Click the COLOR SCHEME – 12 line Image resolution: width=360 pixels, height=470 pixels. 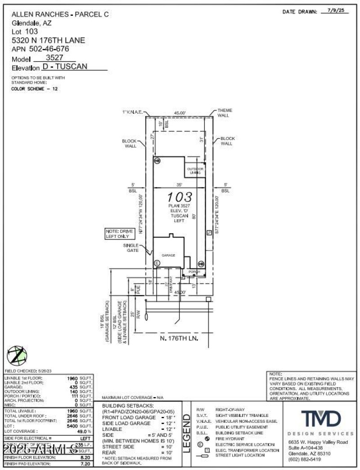tap(35, 89)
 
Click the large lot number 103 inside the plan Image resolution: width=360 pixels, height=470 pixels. tap(180, 197)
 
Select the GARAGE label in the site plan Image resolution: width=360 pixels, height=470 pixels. tap(168, 255)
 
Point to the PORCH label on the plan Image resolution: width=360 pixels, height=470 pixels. tap(194, 272)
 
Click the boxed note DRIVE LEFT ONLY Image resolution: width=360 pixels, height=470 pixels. tap(117, 233)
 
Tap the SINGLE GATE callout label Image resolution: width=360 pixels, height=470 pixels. tap(131, 248)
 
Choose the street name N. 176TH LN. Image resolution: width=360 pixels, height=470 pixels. tap(180, 337)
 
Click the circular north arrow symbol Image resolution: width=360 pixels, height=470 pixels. tap(16, 356)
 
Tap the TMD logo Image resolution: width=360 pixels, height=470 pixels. tap(320, 419)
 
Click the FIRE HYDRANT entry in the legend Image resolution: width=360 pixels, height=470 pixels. tap(229, 439)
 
